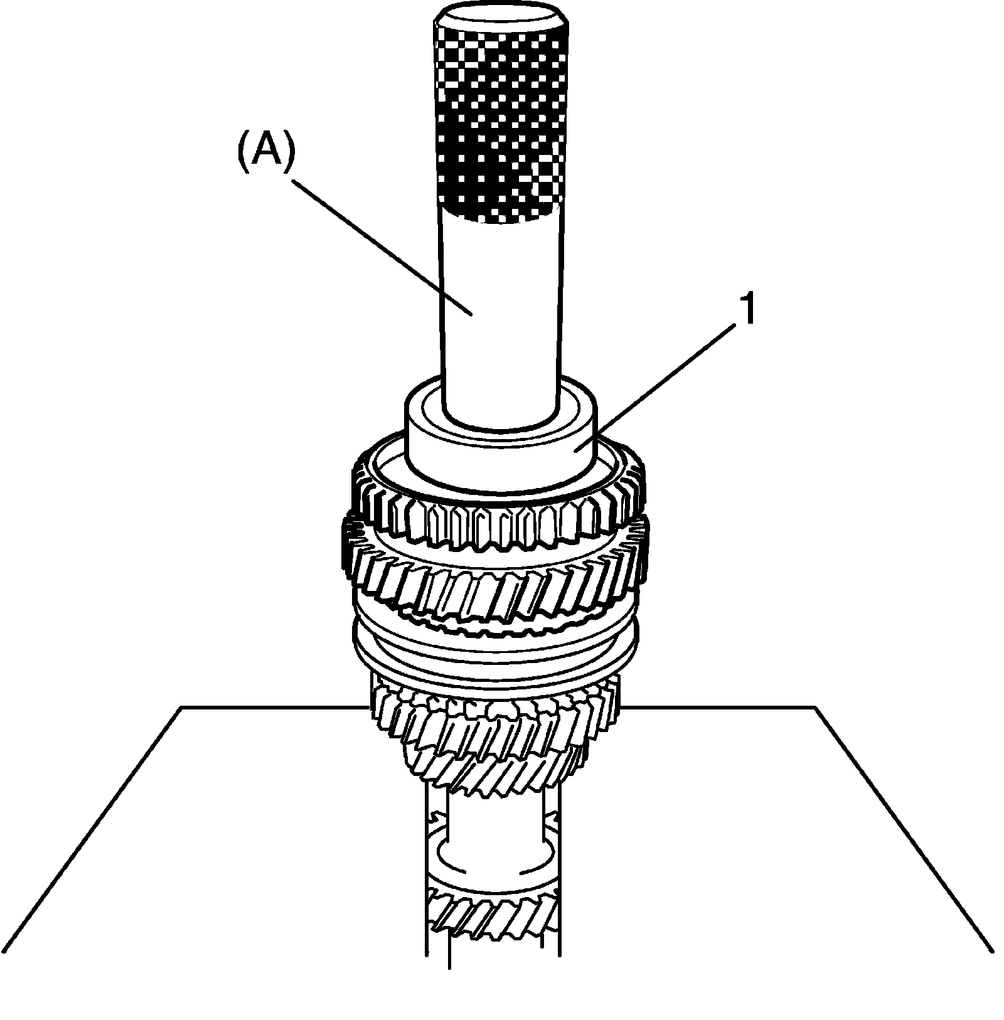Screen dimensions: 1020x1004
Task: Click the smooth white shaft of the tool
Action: [500, 314]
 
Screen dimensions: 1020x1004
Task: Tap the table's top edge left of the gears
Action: [270, 708]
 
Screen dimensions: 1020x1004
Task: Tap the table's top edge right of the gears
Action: [722, 708]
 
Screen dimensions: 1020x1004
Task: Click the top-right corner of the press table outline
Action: [815, 708]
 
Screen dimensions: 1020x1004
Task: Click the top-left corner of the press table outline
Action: [182, 708]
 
